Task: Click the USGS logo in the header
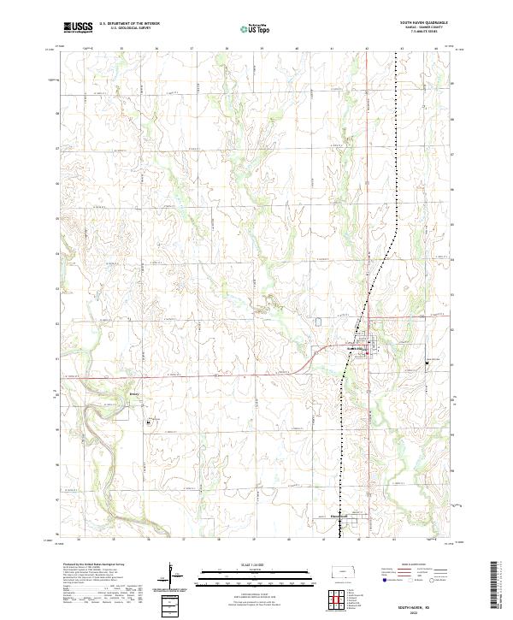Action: [76, 28]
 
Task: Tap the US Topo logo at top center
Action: [256, 28]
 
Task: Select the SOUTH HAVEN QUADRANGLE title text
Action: [424, 24]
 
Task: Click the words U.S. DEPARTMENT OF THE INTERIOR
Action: [129, 25]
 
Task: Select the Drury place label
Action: [133, 394]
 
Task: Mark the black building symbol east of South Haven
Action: [427, 363]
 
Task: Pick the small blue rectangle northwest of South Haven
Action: [320, 322]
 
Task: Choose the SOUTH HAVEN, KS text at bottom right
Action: [422, 602]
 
